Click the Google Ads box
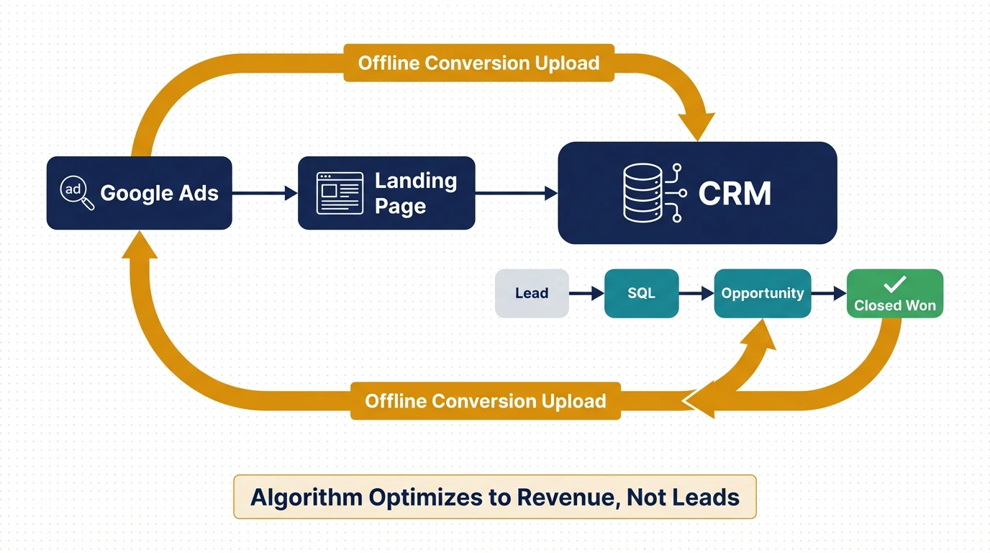(x=139, y=193)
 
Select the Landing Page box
(x=386, y=193)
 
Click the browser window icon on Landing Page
(x=340, y=193)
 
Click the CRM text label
(x=735, y=194)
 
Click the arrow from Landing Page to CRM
(x=517, y=193)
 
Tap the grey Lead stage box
(x=532, y=293)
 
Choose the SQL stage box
(x=641, y=293)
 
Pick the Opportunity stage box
(x=762, y=293)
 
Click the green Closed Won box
(x=894, y=294)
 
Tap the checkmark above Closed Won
(x=894, y=284)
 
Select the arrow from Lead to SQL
(x=586, y=293)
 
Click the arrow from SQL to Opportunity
(x=696, y=293)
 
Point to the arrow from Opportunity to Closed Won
(x=829, y=293)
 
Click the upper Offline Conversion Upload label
(x=478, y=63)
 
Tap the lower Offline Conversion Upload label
(x=485, y=400)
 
